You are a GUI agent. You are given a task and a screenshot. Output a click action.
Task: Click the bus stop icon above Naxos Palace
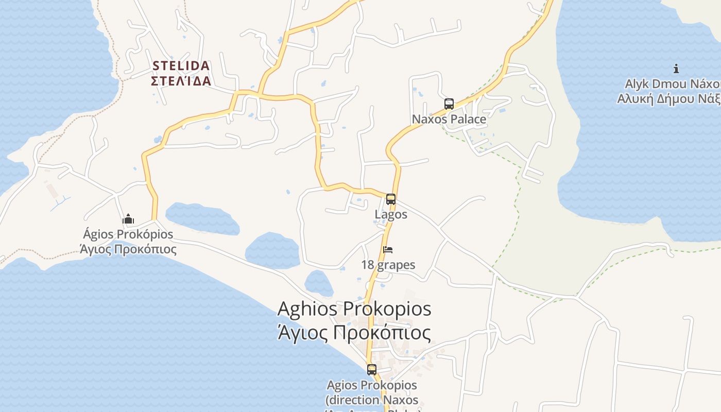coord(449,104)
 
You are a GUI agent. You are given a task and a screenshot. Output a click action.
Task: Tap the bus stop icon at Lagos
coord(391,199)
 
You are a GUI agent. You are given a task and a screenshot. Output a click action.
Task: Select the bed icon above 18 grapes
coord(388,250)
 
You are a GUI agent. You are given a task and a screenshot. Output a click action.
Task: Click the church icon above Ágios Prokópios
coord(128,219)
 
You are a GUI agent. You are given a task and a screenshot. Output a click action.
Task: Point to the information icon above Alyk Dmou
coord(676,68)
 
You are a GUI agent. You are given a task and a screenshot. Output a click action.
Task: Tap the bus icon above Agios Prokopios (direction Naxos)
coord(371,369)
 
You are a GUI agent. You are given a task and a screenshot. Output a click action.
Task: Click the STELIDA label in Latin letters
coord(181,66)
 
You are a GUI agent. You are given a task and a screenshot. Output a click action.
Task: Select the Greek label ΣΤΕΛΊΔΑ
coord(181,81)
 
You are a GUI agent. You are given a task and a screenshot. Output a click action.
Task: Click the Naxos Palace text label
coord(449,119)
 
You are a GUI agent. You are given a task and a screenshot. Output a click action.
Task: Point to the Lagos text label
coord(391,214)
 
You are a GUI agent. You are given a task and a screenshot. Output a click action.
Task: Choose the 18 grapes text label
coord(388,265)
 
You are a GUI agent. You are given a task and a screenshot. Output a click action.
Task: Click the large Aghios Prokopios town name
coord(354,308)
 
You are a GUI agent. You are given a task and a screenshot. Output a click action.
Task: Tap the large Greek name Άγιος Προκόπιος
coord(354,333)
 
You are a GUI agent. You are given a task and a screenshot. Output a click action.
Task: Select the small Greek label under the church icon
coord(128,249)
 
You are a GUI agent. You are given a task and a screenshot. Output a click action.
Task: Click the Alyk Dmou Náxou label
coord(672,84)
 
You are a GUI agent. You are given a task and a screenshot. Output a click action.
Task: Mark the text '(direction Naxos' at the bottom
coord(371,399)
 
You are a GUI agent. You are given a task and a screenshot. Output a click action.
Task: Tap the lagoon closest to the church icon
coord(202,218)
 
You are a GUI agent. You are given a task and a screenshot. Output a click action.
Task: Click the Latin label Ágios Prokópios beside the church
coord(128,235)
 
